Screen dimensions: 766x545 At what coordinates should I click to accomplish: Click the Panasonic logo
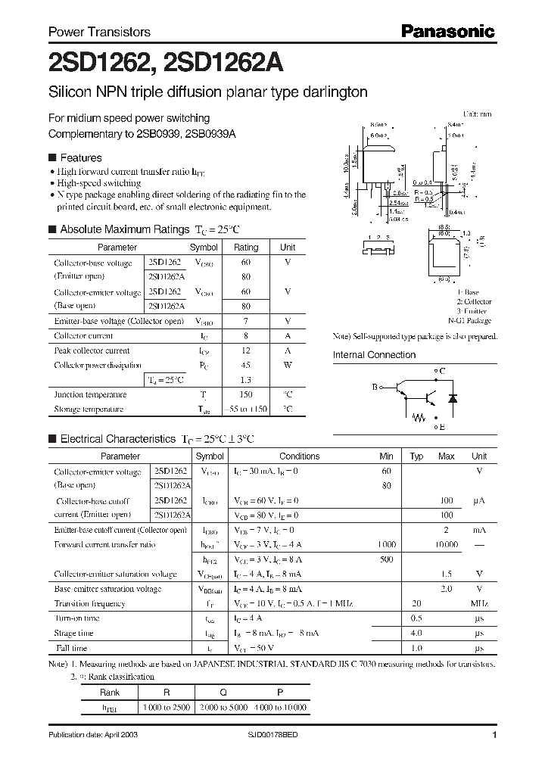pos(447,31)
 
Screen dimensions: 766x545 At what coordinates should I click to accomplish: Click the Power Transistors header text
pos(99,32)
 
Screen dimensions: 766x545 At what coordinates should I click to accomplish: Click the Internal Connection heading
pos(374,355)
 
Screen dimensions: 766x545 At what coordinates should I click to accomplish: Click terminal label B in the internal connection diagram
pos(374,387)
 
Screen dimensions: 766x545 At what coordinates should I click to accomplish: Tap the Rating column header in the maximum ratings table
pos(245,248)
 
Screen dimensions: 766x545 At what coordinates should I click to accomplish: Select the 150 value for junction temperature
pos(245,394)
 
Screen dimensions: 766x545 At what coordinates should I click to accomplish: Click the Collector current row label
pos(83,336)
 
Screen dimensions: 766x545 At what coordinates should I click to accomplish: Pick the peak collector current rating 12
pos(245,350)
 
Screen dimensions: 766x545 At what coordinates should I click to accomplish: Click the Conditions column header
pos(299,456)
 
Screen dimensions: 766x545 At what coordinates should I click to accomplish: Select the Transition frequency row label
pos(89,603)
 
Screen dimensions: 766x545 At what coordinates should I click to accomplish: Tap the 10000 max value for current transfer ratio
pos(447,544)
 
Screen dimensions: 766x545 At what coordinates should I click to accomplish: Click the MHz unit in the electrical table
pos(478,603)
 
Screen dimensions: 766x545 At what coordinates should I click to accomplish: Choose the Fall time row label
pos(70,648)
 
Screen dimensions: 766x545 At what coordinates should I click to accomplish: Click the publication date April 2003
pos(93,736)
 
